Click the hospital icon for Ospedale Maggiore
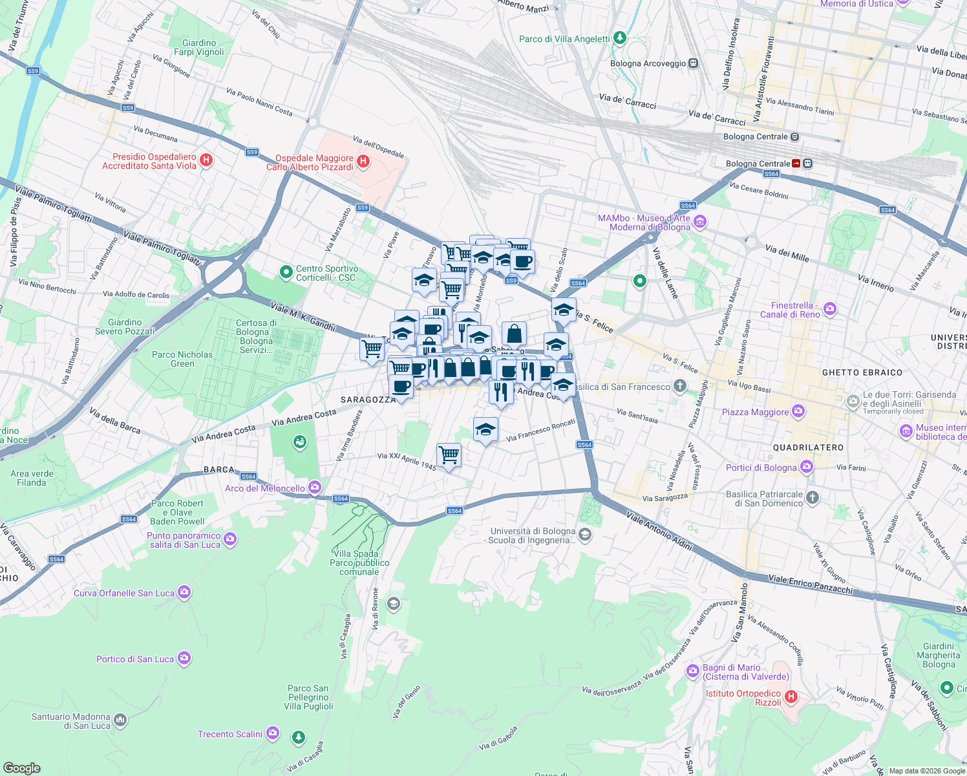pos(363,162)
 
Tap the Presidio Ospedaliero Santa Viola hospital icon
pos(206,160)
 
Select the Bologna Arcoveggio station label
pos(647,63)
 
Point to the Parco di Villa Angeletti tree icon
pos(620,38)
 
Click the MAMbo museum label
pos(644,222)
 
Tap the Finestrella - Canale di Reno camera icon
pos(830,310)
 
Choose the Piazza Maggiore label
pos(755,412)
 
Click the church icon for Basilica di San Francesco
pos(679,387)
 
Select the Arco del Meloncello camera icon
pos(315,488)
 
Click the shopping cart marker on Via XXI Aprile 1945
pos(449,455)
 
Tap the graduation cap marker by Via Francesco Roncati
pos(485,429)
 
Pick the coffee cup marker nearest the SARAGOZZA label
pos(401,387)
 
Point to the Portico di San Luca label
pos(135,659)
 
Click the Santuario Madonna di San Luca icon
pos(120,720)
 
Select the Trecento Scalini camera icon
pos(272,733)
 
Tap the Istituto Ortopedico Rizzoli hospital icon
pos(791,697)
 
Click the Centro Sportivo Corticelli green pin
pos(286,273)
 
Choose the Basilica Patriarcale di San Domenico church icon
pos(813,498)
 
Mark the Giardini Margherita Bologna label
pos(938,655)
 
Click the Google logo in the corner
pos(22,768)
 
